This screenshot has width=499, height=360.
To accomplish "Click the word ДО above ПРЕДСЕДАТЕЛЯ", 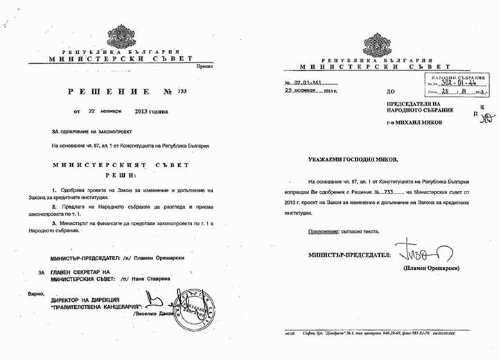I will click(391, 91).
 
